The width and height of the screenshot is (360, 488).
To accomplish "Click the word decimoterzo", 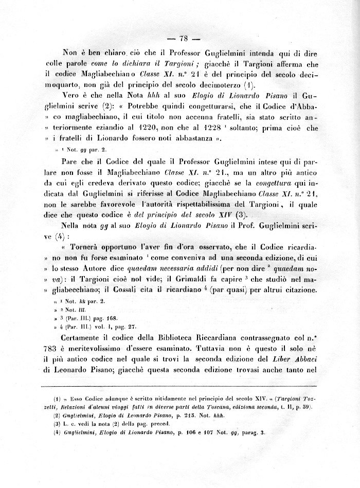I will [x=210, y=84].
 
